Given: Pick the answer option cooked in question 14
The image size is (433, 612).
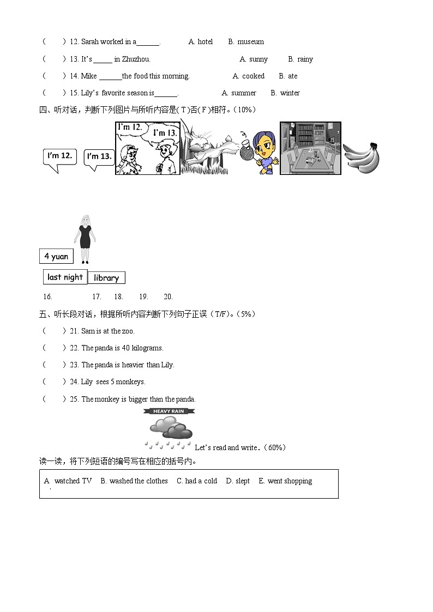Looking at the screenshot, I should (253, 76).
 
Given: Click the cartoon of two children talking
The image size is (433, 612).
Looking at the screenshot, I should (147, 148).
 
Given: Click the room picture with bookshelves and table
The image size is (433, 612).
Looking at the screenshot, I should (310, 148).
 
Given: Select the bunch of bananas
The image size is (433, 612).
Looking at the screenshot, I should (361, 158).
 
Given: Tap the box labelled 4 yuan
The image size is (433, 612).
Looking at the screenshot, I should (56, 256).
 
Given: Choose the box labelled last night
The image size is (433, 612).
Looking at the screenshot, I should (65, 277).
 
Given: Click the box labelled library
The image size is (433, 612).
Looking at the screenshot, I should (106, 278).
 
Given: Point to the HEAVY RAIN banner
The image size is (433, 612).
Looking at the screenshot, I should (169, 411).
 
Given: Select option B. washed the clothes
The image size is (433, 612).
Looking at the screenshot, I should (134, 481).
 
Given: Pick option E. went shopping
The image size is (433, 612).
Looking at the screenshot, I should (285, 481).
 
